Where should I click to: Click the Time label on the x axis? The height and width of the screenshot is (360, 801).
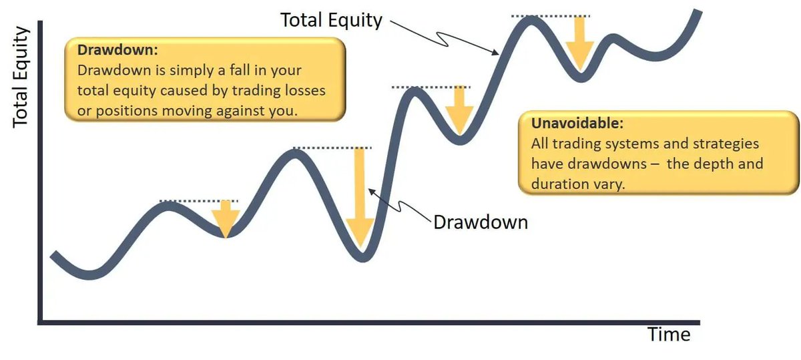[669, 335]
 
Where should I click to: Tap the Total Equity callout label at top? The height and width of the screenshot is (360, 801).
[331, 20]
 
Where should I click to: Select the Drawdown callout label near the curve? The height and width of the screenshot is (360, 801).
[481, 222]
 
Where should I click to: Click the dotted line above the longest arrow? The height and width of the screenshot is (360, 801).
[332, 148]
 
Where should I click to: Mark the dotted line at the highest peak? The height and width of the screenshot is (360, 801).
[551, 15]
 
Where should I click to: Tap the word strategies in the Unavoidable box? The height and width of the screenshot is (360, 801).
[726, 144]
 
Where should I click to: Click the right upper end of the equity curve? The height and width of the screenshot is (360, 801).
[698, 12]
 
